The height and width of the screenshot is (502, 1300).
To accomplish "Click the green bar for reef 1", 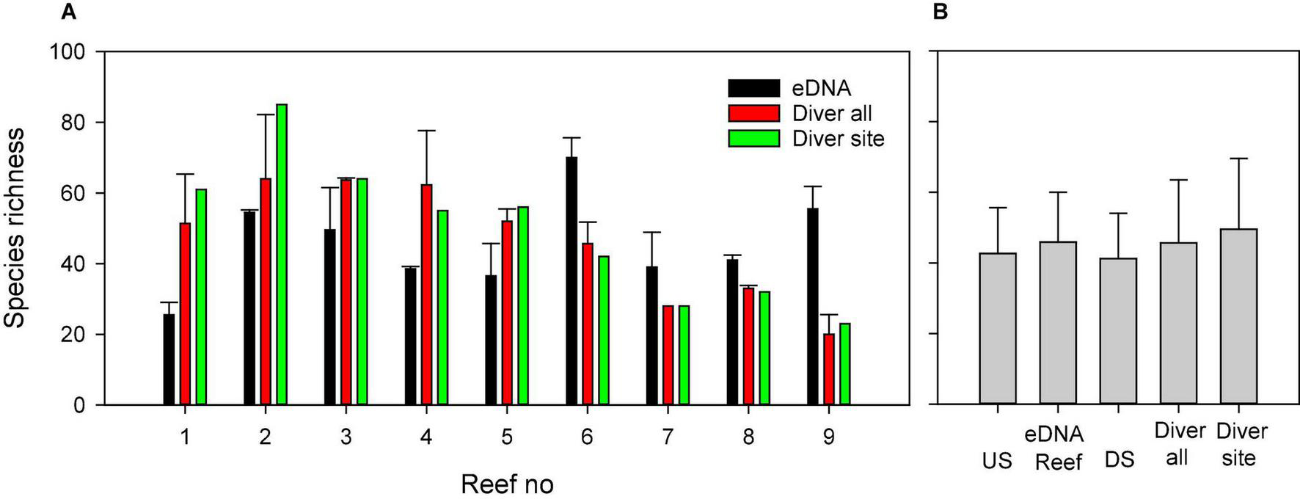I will coord(201,297).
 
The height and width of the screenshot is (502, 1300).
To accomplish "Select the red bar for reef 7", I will coord(668,355).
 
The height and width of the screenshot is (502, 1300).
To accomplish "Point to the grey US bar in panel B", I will coord(998,329).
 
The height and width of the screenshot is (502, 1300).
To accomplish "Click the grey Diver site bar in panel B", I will coord(1239,317).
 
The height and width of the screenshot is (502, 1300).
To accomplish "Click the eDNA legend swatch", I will coord(753,89).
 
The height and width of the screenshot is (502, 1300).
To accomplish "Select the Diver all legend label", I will coord(832,114).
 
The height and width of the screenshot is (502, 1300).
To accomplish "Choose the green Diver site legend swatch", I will coord(753,139).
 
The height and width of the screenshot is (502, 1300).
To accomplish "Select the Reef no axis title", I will coord(506,484).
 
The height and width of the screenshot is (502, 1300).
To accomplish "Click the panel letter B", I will coord(941,12).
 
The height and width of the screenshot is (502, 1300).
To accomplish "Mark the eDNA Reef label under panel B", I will coord(1058,448).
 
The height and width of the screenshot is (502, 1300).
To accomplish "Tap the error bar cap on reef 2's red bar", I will coord(265,114).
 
